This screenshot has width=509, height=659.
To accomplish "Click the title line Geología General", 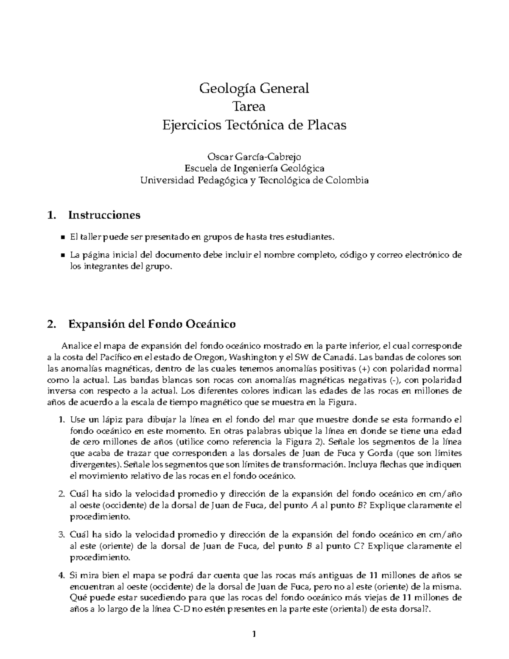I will point(254,88).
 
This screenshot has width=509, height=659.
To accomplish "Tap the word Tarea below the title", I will point(254,107).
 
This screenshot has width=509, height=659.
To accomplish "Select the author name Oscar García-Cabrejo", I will point(254,156).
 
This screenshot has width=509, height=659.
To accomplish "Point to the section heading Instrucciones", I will point(104,215).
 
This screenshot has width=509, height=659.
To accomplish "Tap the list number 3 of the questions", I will point(60,534).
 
